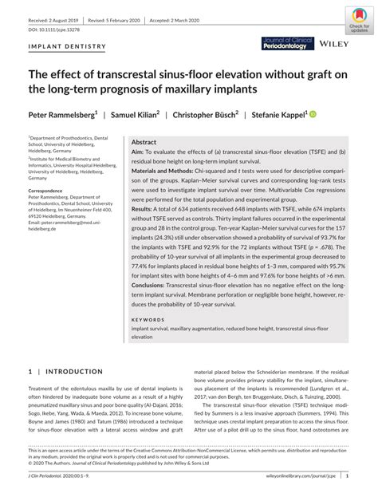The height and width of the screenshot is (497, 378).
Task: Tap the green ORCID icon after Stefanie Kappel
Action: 313,114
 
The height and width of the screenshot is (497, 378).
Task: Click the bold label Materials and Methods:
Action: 169,172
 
